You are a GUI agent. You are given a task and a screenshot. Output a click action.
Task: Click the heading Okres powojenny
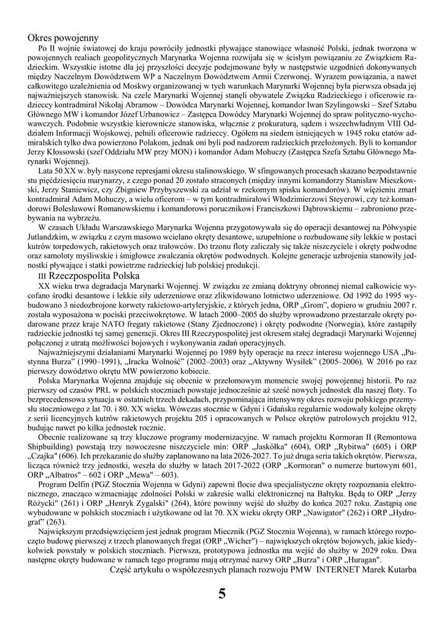pyautogui.click(x=63, y=38)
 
